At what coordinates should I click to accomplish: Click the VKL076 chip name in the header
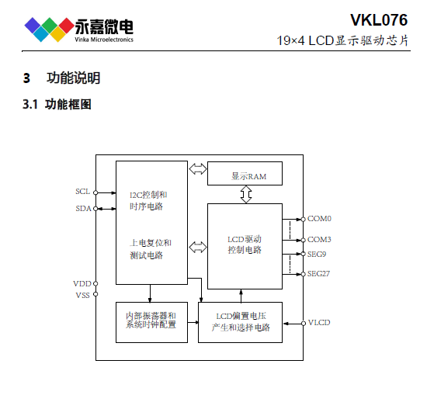[379, 20]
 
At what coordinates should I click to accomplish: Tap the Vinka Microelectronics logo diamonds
[49, 29]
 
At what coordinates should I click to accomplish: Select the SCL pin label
[83, 192]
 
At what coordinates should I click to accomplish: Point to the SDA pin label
[83, 209]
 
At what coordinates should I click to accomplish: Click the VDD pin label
[82, 283]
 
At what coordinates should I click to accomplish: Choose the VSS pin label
[82, 296]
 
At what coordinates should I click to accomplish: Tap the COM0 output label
[319, 219]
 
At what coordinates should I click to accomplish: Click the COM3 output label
[319, 240]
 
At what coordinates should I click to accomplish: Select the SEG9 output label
[317, 255]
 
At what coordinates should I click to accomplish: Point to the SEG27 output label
[318, 273]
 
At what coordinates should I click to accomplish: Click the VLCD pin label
[319, 323]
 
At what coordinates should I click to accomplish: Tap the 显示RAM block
[245, 173]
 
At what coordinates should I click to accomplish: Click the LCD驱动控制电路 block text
[245, 244]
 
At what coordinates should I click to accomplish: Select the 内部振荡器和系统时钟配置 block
[151, 322]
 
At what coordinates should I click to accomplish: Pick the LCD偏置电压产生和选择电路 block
[240, 322]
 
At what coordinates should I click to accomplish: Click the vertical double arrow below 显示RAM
[246, 194]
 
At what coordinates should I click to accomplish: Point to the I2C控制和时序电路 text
[148, 200]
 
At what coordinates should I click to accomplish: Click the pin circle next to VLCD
[304, 324]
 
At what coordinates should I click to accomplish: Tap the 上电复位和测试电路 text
[151, 249]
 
